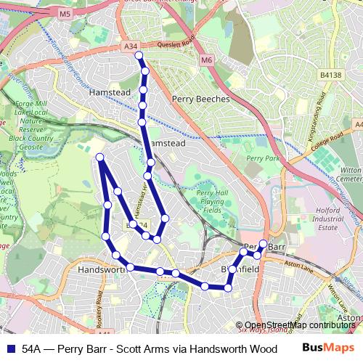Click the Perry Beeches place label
201,98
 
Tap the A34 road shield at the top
131,47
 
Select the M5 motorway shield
65,14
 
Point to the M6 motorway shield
206,60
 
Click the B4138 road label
329,74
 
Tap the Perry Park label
262,158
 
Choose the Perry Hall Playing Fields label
212,201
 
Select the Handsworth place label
101,269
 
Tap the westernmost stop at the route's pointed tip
99,157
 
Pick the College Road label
326,139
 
